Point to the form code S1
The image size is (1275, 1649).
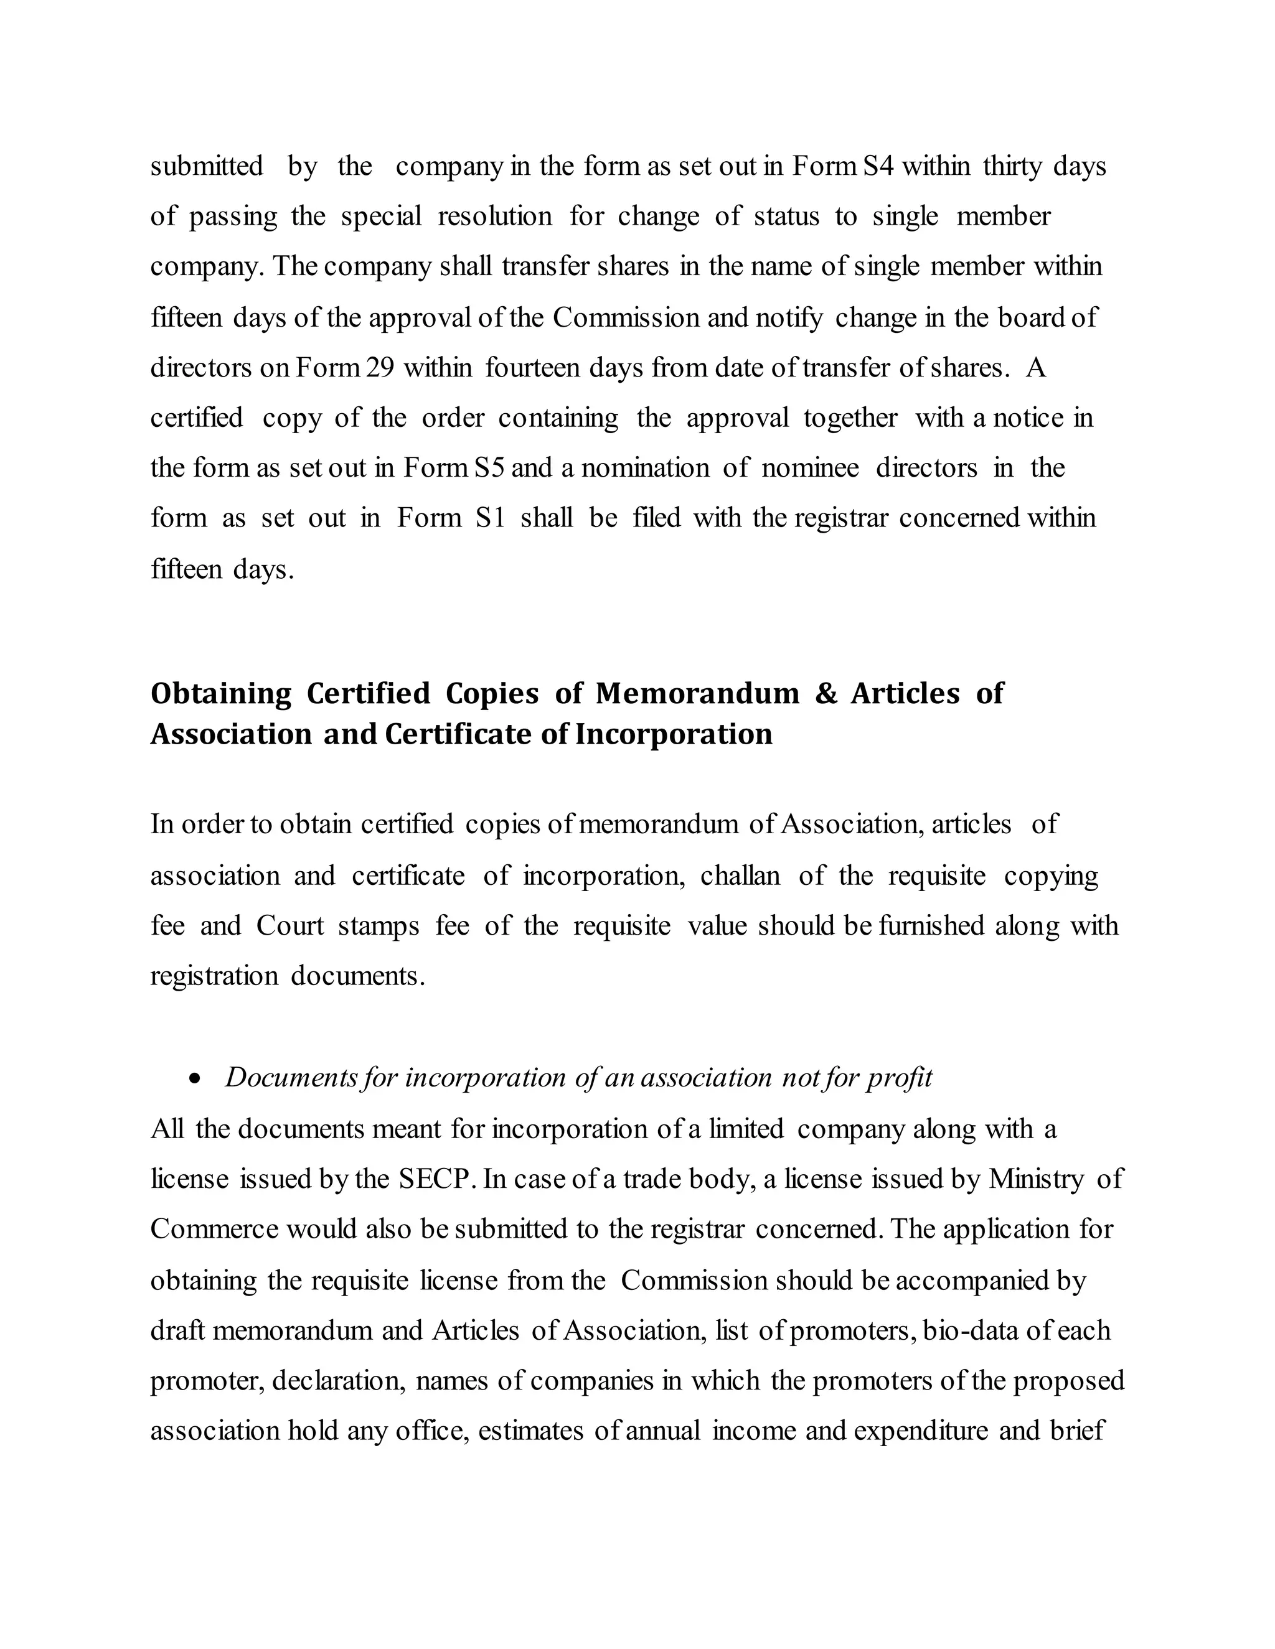(490, 518)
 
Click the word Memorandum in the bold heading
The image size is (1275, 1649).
(697, 693)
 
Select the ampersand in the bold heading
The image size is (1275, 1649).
(826, 693)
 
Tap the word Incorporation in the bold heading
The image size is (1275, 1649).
(674, 734)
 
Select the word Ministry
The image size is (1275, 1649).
(1037, 1179)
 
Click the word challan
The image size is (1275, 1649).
(740, 876)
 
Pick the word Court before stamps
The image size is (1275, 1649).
(289, 926)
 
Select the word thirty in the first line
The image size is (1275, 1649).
(1012, 166)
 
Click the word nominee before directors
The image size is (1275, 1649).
(810, 468)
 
